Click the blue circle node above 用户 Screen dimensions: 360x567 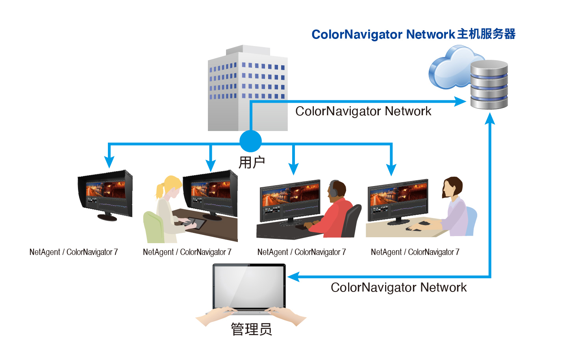[250, 141]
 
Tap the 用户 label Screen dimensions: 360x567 [252, 162]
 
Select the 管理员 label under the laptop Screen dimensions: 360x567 [251, 329]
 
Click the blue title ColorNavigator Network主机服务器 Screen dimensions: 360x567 [413, 34]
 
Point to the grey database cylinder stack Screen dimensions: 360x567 [489, 85]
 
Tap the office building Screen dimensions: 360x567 [247, 89]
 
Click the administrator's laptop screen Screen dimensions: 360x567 [249, 286]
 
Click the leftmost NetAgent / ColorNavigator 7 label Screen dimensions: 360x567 [74, 252]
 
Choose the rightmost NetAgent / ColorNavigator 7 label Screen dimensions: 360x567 [415, 252]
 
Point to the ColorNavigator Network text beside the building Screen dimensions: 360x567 [363, 111]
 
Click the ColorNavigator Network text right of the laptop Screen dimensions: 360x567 [398, 288]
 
